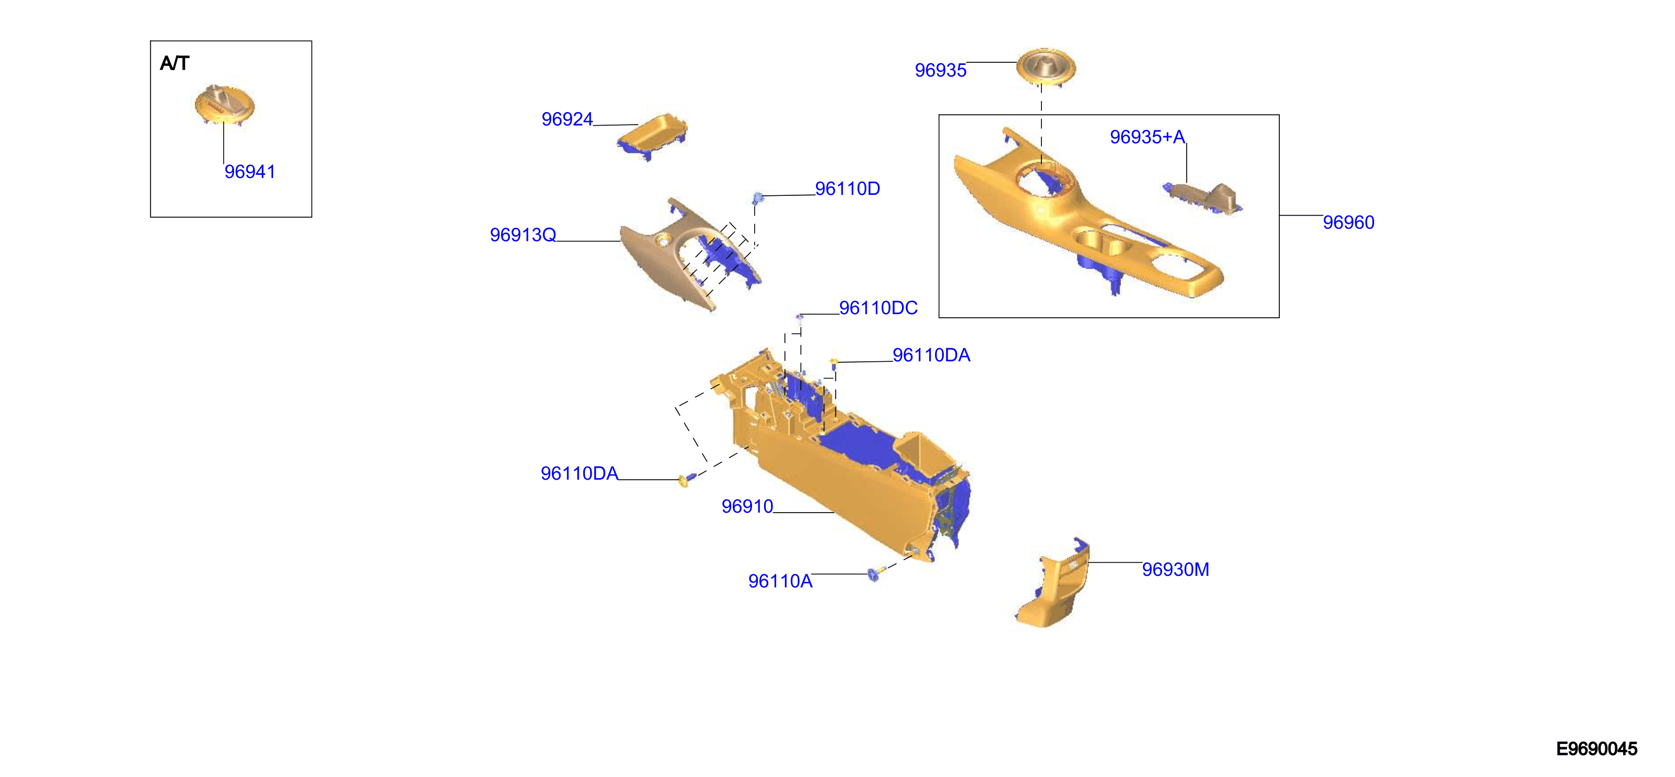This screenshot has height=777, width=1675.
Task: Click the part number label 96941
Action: tap(249, 172)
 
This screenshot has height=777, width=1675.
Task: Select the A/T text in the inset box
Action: tap(175, 63)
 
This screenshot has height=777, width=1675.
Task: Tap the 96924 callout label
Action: tap(567, 119)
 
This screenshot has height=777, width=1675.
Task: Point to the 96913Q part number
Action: tap(523, 235)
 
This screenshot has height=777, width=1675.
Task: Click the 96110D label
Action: tap(847, 189)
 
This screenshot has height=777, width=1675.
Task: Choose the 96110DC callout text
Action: tap(878, 308)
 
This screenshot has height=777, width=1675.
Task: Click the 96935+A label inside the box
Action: tap(1148, 137)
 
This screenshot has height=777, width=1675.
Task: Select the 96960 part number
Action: tap(1348, 223)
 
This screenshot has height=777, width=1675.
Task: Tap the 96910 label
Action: tap(747, 507)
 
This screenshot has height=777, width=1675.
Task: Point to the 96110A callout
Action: tap(780, 582)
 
